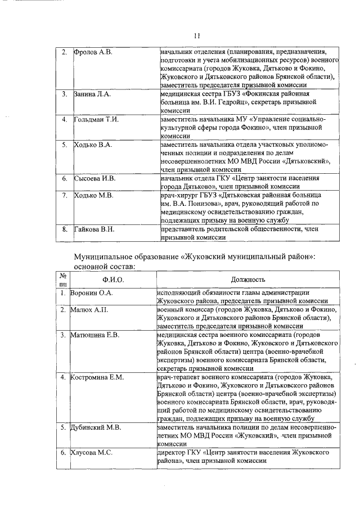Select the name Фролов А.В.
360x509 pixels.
click(x=94, y=52)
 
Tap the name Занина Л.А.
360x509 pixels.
click(x=93, y=93)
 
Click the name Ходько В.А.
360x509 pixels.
click(x=93, y=145)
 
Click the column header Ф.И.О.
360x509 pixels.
click(x=113, y=280)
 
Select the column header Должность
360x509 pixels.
click(x=247, y=280)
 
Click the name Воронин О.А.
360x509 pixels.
click(x=91, y=293)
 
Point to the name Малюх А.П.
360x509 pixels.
click(x=89, y=310)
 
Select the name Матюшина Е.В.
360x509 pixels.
click(x=94, y=335)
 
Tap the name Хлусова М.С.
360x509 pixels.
click(x=91, y=452)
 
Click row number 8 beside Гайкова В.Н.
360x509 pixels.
click(x=65, y=229)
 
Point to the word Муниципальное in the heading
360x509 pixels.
click(x=105, y=256)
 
